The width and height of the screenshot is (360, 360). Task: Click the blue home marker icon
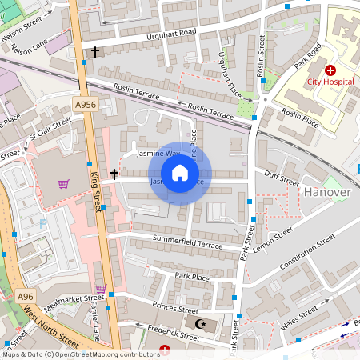click(180, 173)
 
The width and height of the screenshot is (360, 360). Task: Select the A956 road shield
click(86, 105)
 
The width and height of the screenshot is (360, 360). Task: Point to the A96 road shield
click(26, 297)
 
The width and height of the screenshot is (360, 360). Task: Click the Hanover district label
click(327, 192)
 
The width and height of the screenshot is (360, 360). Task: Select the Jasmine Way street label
click(158, 152)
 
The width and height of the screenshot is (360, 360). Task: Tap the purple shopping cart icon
click(63, 184)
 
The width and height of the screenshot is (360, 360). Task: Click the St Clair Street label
click(50, 127)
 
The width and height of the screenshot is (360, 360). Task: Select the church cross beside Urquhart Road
click(95, 52)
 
